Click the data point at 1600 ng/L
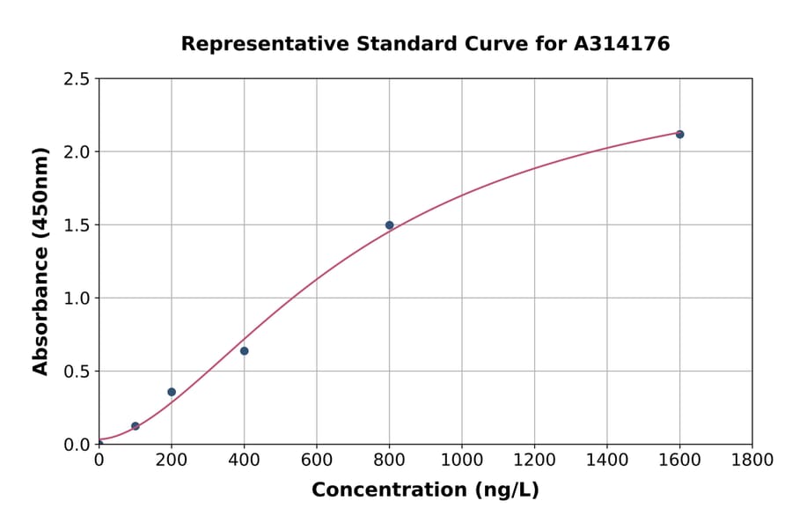[679, 134]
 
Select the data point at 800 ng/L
[389, 225]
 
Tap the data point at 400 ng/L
[244, 350]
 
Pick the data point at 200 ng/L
[172, 392]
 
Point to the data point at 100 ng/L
[136, 426]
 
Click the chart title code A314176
[622, 44]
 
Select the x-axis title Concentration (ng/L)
[425, 490]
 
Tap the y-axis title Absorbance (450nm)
[40, 261]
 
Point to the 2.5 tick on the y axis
[77, 79]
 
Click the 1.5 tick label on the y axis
[77, 225]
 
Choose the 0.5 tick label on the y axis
[77, 372]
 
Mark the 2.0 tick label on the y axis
[77, 152]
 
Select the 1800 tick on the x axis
[752, 460]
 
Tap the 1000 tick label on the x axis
[461, 460]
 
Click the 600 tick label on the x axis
[316, 460]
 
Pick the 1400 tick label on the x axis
[606, 460]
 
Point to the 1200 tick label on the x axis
[534, 460]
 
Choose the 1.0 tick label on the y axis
[77, 298]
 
